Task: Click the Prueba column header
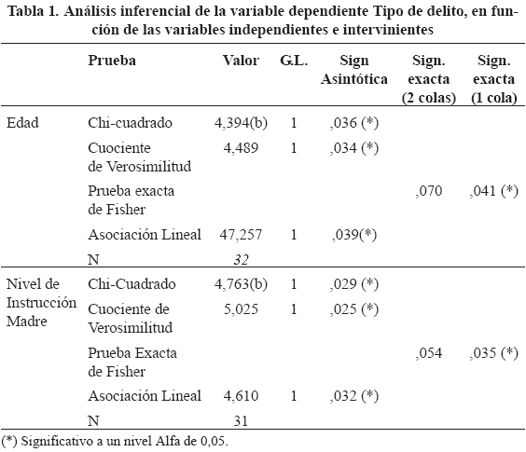tap(112, 61)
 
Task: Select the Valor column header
tap(241, 61)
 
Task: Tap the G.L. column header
tap(294, 61)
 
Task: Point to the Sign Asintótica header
tap(354, 70)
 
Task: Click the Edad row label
tap(22, 123)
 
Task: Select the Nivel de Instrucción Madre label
tap(41, 303)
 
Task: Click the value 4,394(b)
tap(241, 123)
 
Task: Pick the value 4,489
tap(241, 148)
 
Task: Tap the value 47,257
tap(241, 234)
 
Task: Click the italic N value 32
tap(241, 260)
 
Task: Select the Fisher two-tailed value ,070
tap(429, 191)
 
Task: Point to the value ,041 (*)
tap(493, 191)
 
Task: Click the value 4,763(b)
tap(241, 284)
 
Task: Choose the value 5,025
tap(241, 309)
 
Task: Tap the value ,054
tap(429, 353)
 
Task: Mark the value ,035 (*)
tap(493, 353)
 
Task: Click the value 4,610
tap(241, 396)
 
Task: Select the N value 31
tap(241, 421)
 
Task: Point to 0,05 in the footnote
tap(215, 441)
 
